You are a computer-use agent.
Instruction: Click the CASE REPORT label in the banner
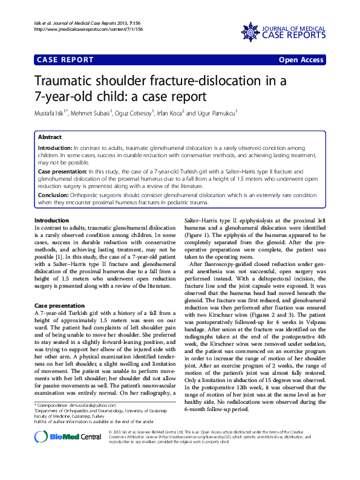pos(65,60)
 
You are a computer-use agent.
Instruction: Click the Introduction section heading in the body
pos(52,221)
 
